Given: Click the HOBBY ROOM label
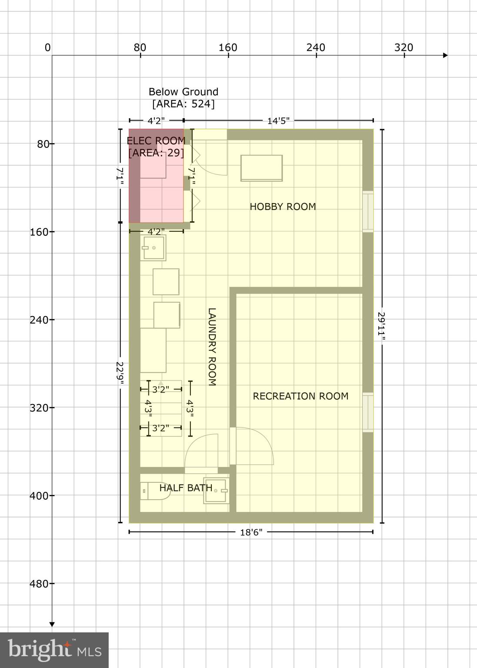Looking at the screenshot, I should coord(283,207).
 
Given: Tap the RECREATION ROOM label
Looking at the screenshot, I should coord(300,396).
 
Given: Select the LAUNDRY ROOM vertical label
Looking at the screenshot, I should coord(212,347).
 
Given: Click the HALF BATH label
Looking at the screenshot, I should coord(186,488).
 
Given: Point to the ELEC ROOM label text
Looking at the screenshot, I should coord(156,141).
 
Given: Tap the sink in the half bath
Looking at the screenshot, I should coord(216,491).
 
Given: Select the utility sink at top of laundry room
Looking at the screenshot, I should coord(153,248).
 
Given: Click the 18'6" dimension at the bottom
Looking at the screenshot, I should coord(251,532).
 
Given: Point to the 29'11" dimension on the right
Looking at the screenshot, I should coord(381,326).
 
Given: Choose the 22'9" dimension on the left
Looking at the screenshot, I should coord(120,373).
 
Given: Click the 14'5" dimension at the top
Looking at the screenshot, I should coord(278,121).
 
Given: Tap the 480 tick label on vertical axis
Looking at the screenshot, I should coord(39,584).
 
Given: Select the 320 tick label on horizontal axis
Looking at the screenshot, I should coord(404,47).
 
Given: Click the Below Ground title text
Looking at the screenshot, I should coord(183,92).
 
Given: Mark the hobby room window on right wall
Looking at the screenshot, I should coord(368,211).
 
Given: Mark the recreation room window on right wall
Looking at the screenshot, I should coord(368,412).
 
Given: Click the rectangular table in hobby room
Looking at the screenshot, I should coord(262,168).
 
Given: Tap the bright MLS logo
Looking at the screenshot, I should coord(54,650).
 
